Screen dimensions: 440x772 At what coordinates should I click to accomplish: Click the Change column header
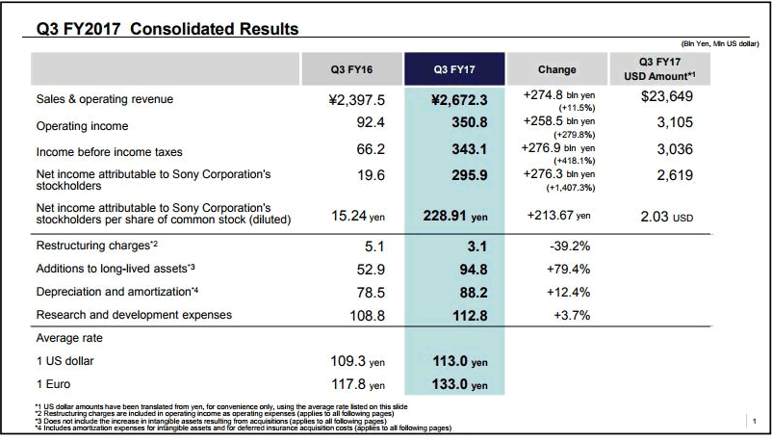[556, 69]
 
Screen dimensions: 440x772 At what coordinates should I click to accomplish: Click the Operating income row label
[82, 126]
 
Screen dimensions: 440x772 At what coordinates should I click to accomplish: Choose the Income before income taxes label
[108, 152]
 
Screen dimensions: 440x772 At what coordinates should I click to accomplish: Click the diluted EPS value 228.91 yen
[462, 217]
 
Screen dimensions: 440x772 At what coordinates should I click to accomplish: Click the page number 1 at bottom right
[755, 421]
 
